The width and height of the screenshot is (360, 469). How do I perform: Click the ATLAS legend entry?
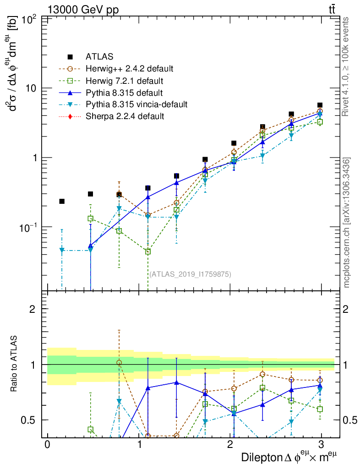tap(99, 57)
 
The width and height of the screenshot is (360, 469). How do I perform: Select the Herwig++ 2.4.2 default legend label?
tap(129, 69)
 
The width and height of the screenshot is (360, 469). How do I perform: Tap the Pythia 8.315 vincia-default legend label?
tap(136, 104)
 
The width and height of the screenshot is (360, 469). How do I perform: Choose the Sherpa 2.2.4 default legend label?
tap(125, 116)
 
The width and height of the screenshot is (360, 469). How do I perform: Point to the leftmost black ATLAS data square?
tap(62, 201)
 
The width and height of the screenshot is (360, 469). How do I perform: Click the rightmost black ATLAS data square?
tap(320, 105)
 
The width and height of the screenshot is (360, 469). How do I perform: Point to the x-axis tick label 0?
tap(47, 445)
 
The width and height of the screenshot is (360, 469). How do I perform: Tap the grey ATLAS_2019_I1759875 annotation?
tap(190, 274)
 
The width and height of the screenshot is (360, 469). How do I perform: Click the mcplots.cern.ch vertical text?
tap(347, 223)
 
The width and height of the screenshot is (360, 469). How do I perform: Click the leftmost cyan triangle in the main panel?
tap(62, 250)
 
